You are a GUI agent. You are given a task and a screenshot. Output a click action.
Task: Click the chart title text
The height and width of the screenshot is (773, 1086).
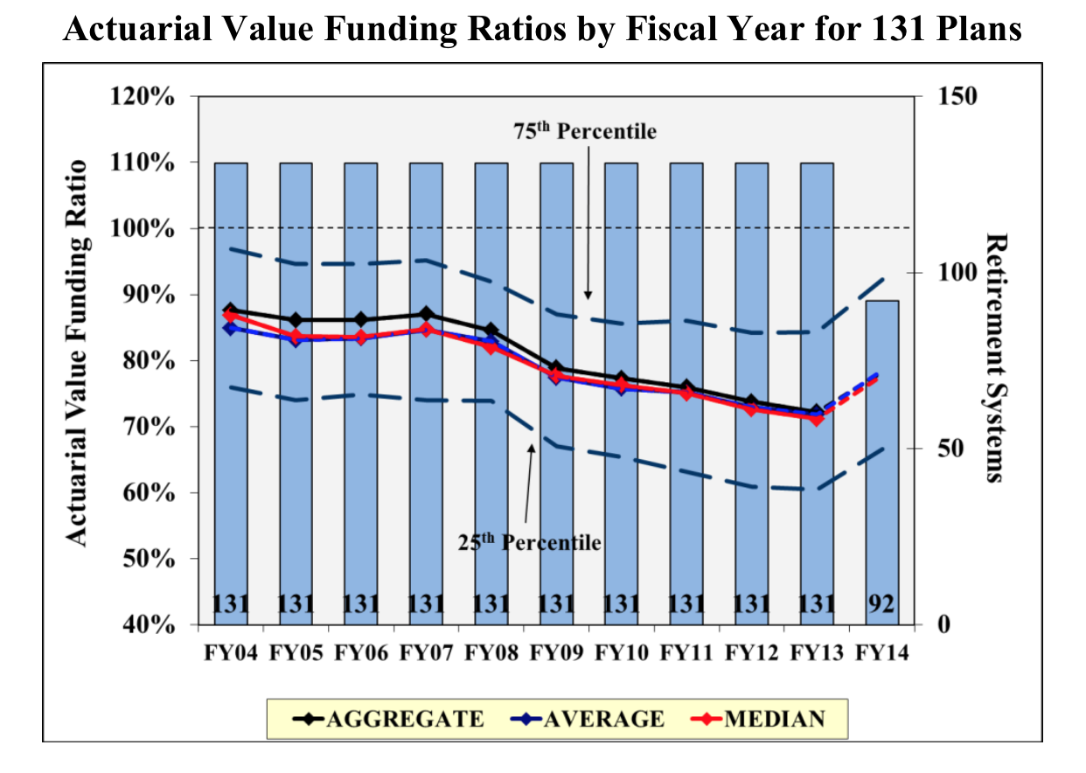pos(542,31)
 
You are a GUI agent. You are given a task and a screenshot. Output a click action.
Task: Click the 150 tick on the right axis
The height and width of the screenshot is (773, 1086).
pos(955,95)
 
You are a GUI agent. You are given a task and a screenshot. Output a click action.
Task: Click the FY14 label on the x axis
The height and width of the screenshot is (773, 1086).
pos(882,653)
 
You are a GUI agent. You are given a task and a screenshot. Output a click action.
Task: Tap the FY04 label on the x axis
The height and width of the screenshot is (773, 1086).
pos(231,653)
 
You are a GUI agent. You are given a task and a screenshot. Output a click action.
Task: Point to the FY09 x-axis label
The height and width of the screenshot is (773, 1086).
pos(556,653)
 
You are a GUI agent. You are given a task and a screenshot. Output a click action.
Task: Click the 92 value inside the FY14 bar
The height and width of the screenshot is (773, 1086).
pos(882,604)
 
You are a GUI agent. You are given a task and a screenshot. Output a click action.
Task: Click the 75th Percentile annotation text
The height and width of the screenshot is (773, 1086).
pos(585,131)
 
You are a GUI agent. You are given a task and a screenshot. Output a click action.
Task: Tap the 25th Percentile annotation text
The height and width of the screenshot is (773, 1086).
pos(530,542)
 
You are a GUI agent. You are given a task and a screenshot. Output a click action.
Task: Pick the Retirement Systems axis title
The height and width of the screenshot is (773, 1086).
pos(996,358)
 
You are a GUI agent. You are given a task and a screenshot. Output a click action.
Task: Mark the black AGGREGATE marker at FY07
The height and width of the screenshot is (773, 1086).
pos(426,314)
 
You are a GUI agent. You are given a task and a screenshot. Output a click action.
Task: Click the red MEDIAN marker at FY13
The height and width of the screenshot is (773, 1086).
pos(817,419)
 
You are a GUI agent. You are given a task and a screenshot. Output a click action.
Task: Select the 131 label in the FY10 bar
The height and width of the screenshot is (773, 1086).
pos(621,604)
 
